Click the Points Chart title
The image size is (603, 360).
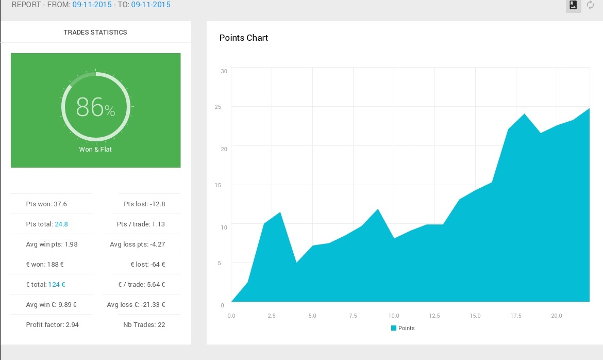243,38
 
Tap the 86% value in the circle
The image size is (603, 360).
95,107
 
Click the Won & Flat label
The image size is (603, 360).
95,150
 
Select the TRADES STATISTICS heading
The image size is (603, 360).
95,32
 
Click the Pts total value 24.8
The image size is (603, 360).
61,224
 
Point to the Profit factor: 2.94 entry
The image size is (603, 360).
52,324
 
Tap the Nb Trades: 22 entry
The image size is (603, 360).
144,324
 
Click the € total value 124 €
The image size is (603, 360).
57,285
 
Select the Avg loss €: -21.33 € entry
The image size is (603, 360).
136,305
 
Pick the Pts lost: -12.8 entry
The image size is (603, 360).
144,204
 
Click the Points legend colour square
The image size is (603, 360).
393,328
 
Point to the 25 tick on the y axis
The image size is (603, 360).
217,107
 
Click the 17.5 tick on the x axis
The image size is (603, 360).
516,316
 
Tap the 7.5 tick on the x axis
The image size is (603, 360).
353,316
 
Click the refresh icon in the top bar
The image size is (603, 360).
590,5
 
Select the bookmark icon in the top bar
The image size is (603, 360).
573,5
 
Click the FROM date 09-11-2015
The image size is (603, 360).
92,5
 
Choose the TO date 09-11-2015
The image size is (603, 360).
150,5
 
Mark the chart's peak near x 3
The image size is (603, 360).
280,212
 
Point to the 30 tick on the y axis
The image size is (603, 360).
224,71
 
